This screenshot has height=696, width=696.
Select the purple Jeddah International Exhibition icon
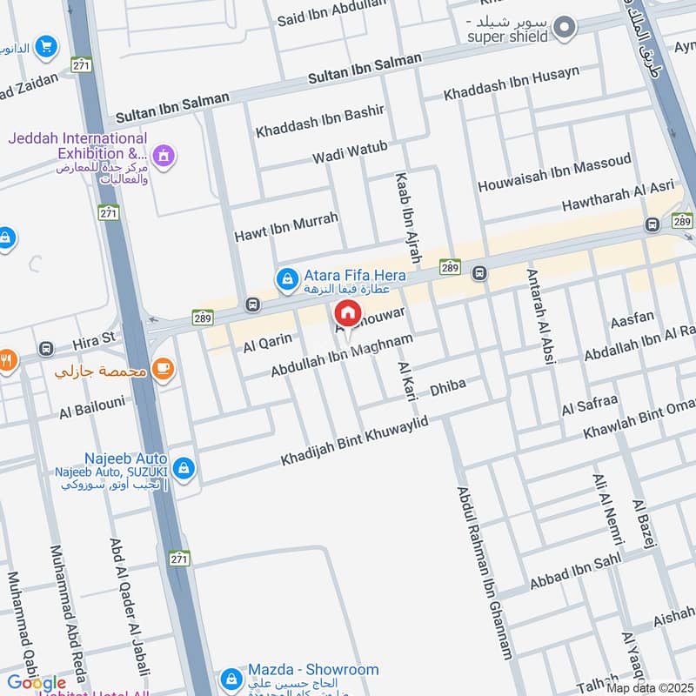(x=162, y=156)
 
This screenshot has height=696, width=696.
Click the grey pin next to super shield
(x=565, y=27)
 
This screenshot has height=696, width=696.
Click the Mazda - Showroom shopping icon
(x=231, y=678)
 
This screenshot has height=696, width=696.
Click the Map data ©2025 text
(x=650, y=688)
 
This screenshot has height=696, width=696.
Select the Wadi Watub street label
(x=350, y=153)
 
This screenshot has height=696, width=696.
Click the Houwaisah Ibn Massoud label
(x=555, y=173)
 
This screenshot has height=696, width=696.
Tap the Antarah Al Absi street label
(x=540, y=315)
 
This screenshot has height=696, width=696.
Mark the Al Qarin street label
(x=267, y=345)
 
